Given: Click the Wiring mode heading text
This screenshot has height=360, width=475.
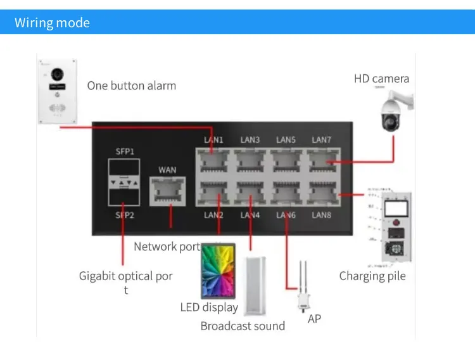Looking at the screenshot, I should tap(52, 23).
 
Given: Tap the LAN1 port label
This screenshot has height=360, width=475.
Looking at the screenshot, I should tap(213, 139).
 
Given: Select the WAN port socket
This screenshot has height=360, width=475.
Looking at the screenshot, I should tap(167, 190).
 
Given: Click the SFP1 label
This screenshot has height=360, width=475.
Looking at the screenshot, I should tap(125, 152).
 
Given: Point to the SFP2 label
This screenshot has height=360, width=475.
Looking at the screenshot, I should tap(125, 215).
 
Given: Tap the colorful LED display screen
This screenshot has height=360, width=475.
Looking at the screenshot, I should tap(218, 272).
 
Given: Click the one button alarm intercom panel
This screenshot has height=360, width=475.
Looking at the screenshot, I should tap(57, 89).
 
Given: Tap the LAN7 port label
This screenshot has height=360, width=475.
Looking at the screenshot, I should tap(321, 139).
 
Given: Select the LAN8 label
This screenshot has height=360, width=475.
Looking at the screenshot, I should tap(322, 215).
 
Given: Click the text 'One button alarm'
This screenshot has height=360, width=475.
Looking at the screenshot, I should tap(132, 86).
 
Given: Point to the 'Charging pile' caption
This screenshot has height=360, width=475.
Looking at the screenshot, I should tap(372, 276).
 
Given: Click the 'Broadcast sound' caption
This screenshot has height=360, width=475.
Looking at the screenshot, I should tap(243, 326).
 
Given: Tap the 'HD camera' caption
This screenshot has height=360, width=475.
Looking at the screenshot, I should tap(381, 79).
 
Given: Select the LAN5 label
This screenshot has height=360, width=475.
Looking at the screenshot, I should tap(286, 139).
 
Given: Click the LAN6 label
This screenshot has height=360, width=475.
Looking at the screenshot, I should tap(286, 215).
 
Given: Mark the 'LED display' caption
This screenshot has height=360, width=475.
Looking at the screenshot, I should tap(209, 307).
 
